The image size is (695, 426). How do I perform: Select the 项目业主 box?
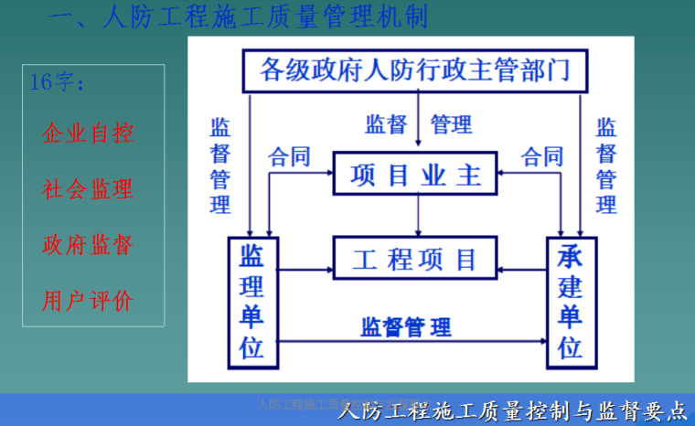tap(417, 174)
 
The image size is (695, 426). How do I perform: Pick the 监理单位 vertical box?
tap(252, 302)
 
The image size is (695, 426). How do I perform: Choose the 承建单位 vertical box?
tap(571, 302)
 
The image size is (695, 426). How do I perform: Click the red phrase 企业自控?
tap(88, 133)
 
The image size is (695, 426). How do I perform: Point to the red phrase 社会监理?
tap(88, 189)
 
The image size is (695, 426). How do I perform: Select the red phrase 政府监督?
tap(88, 245)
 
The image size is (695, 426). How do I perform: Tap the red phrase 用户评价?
tap(88, 301)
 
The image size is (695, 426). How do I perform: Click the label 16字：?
tap(59, 82)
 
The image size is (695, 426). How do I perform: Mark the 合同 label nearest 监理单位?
tap(288, 156)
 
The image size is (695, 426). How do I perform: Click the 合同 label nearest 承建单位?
tap(542, 156)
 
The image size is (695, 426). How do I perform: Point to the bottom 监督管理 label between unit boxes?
tap(406, 326)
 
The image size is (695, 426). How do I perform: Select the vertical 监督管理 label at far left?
tap(219, 165)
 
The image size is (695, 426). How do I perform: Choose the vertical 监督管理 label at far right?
tap(606, 165)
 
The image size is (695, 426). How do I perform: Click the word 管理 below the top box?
tap(451, 124)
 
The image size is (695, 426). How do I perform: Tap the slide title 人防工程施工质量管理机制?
tap(237, 16)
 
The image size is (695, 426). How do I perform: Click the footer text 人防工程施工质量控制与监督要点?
tap(511, 411)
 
